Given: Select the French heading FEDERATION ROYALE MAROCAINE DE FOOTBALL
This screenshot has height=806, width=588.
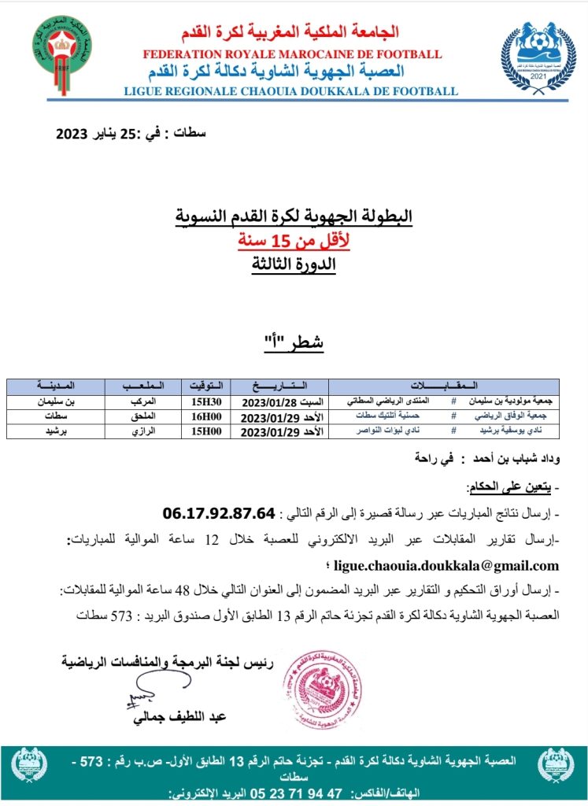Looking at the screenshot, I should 291,54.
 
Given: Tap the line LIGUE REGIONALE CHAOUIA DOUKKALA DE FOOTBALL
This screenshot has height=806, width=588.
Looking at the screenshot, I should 290,91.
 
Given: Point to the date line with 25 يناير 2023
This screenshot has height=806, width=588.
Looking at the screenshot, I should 131,134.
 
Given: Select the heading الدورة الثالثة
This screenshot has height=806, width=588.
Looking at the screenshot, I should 293,264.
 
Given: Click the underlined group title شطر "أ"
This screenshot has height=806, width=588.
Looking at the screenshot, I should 293,343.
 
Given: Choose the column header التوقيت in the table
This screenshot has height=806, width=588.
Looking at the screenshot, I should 202,386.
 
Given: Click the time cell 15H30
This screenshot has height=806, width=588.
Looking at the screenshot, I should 202,401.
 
